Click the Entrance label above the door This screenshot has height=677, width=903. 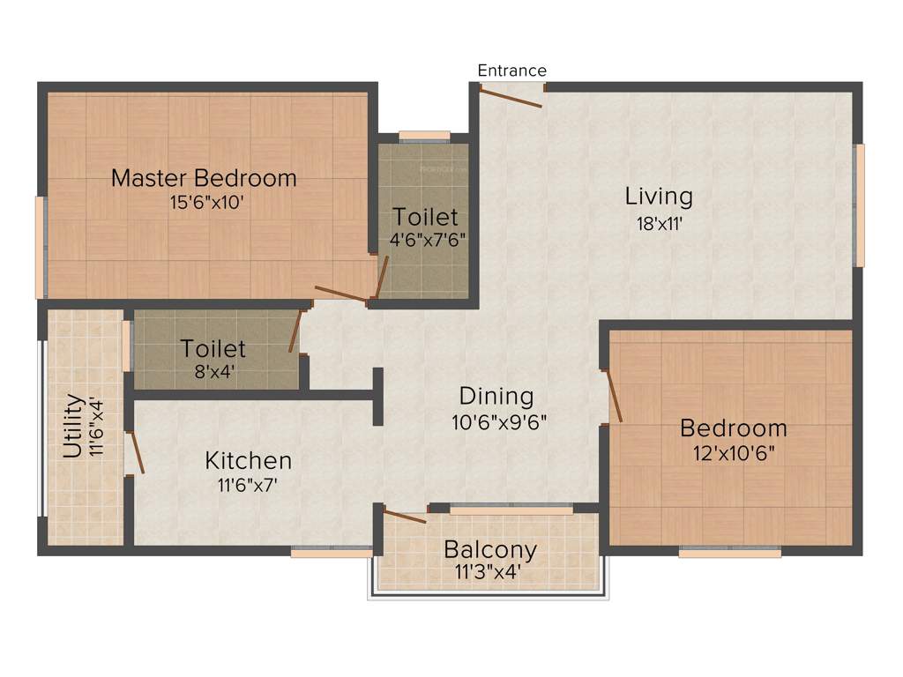point(511,71)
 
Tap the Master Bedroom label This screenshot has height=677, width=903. point(204,178)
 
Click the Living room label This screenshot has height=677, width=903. point(659,196)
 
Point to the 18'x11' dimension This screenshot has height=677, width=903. point(660,223)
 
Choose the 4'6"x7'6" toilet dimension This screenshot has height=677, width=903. point(427,239)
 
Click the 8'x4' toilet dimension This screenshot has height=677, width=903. point(213,372)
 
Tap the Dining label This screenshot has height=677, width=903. point(496,396)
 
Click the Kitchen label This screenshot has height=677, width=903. point(248,460)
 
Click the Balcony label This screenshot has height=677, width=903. point(489,550)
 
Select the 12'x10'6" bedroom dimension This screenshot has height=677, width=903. point(733,453)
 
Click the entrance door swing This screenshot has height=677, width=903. point(511,96)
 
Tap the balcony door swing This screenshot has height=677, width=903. point(405,517)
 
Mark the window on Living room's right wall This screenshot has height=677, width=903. point(860,205)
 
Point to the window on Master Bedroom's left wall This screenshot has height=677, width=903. point(40,247)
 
